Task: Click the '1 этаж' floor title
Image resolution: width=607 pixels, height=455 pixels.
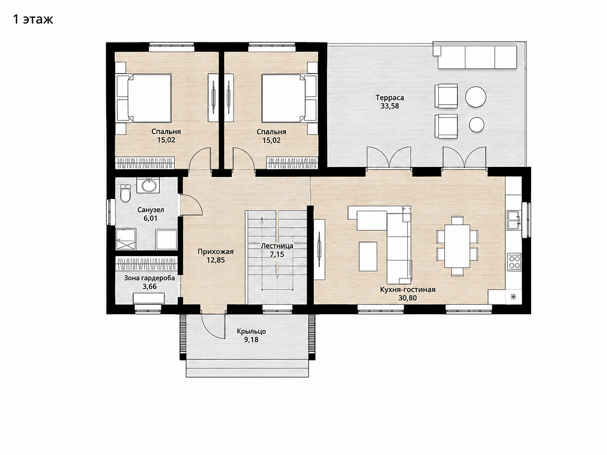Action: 33,19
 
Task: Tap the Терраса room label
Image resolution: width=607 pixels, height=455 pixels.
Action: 390,98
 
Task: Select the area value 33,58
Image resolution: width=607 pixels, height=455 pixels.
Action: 390,106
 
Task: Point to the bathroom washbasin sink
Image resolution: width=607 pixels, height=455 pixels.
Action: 148,185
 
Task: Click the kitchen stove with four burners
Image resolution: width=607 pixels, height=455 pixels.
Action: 514,261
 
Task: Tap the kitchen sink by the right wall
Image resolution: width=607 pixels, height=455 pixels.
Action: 514,220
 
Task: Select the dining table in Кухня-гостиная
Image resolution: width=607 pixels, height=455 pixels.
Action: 457,246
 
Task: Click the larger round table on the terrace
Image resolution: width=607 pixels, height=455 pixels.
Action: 475,96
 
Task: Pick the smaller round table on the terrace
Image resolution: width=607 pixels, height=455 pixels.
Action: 476,124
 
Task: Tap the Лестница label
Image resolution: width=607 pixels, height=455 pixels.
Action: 277,246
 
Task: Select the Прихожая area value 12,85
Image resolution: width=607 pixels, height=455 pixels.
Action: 215,260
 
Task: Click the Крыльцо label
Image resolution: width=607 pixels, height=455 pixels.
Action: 251,332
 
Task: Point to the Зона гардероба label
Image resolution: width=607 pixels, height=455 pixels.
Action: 149,278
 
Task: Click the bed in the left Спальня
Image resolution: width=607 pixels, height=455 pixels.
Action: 144,98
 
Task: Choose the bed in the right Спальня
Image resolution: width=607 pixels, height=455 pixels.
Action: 289,98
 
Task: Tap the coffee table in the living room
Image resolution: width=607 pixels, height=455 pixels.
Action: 368,256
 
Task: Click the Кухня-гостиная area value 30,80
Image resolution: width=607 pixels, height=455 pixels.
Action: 408,298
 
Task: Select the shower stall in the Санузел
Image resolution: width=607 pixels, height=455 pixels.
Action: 126,238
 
